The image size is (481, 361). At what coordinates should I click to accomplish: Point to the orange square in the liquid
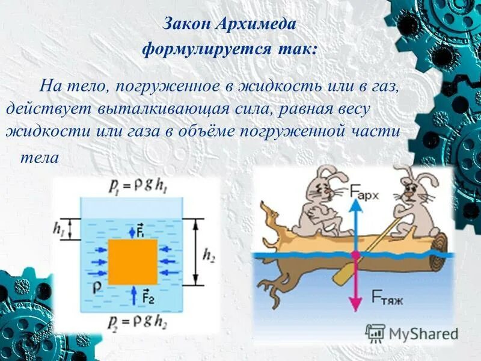[133, 261]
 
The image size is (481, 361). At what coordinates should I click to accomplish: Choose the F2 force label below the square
[146, 296]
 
